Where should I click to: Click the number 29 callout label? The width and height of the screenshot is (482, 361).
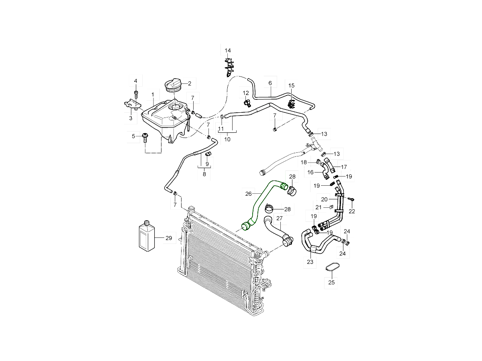168,238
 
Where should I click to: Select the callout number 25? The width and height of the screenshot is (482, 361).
331,282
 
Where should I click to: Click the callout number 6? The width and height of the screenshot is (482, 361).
270,83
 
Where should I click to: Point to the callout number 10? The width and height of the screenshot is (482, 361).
227,140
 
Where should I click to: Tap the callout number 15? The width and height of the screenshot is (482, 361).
291,85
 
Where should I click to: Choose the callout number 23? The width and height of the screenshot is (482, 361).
310,262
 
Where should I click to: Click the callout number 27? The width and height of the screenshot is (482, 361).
279,218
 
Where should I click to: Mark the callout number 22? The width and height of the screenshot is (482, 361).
352,211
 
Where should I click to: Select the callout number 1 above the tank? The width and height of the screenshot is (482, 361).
153,95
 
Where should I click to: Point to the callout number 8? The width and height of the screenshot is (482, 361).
204,174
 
